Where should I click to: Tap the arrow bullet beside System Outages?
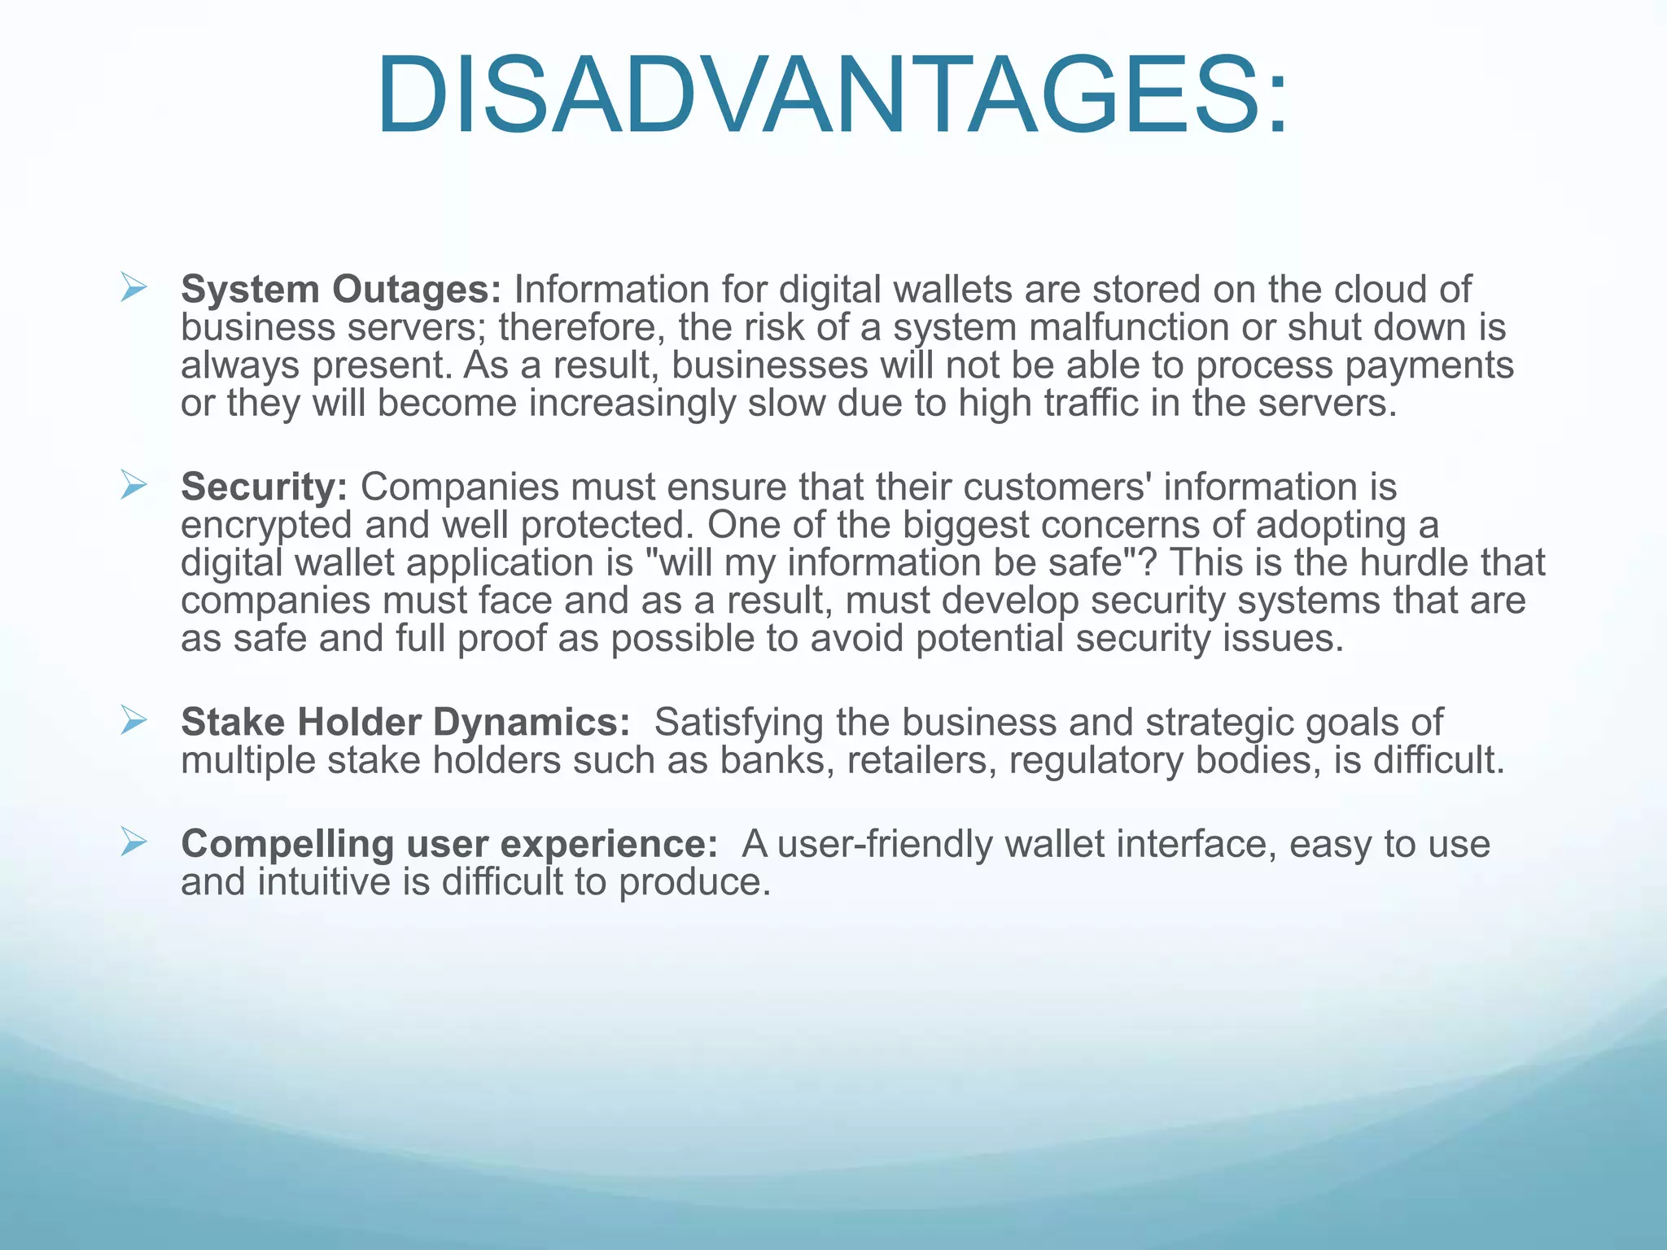(x=133, y=287)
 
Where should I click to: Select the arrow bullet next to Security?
(x=133, y=485)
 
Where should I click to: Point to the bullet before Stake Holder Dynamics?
(x=133, y=720)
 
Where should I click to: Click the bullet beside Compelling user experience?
(x=133, y=841)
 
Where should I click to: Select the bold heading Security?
(x=265, y=487)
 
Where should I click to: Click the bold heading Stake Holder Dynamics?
(x=405, y=722)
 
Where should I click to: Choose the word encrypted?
(x=266, y=526)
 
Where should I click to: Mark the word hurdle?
(x=1411, y=563)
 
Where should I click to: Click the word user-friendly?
(x=885, y=844)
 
